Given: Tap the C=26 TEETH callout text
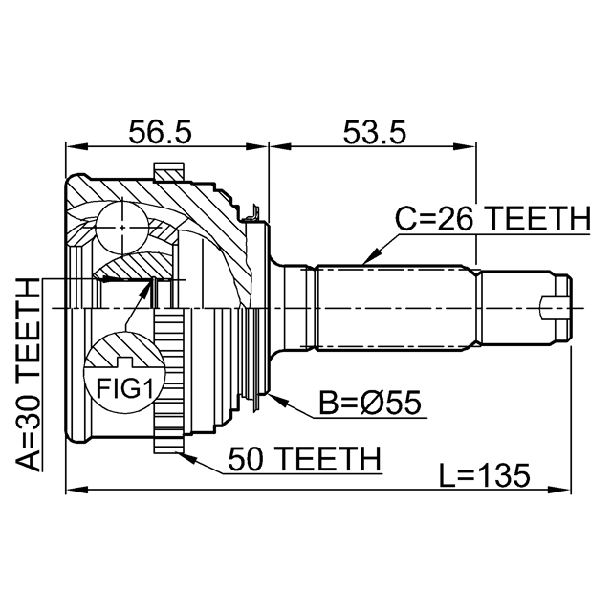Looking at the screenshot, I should click(493, 220).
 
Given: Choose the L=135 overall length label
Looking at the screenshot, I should click(485, 475).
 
